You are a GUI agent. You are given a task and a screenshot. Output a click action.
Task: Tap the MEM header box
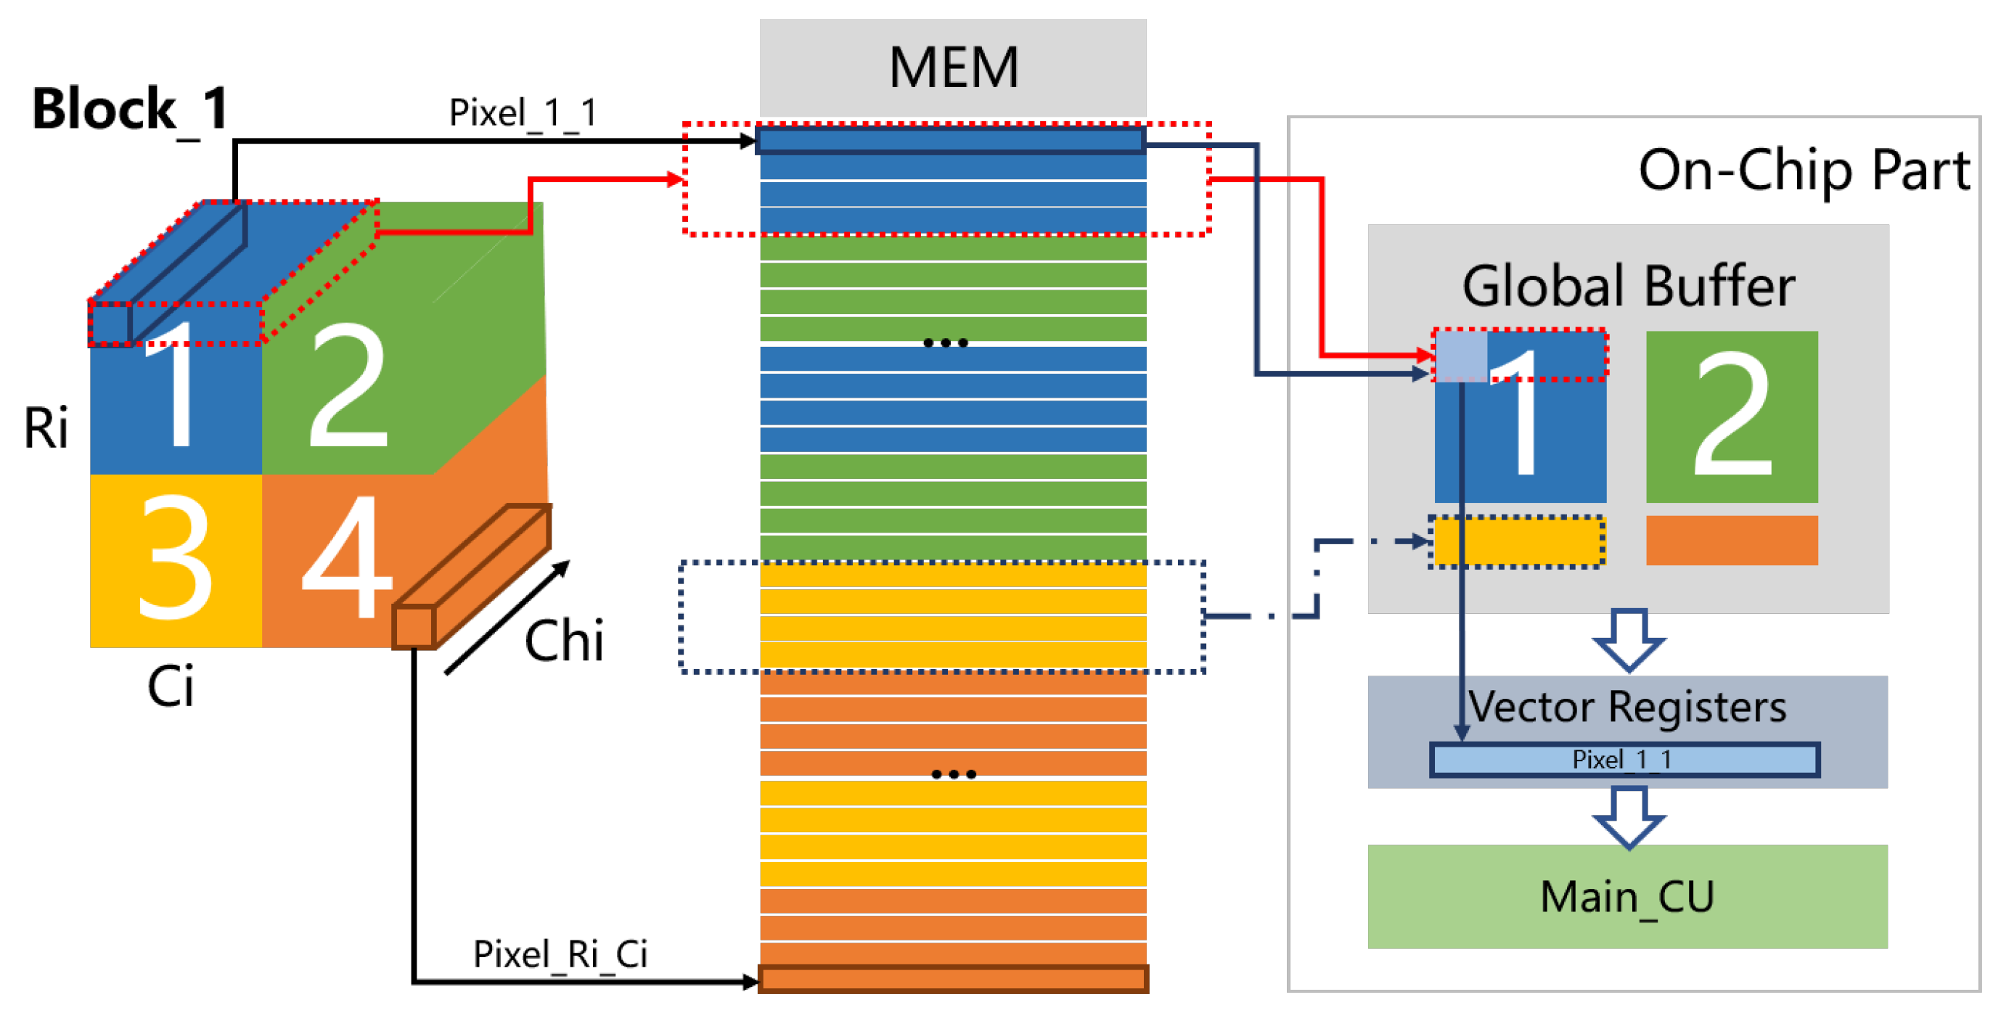click(x=952, y=68)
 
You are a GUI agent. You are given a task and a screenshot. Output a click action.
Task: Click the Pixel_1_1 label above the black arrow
click(x=523, y=113)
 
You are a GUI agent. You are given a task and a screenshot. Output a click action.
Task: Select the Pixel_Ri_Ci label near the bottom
click(x=560, y=954)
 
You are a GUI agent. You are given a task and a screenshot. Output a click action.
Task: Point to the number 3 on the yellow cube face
click(x=175, y=559)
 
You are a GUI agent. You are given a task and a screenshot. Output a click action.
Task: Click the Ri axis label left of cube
click(x=46, y=428)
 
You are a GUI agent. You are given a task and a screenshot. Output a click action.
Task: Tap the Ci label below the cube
click(x=170, y=686)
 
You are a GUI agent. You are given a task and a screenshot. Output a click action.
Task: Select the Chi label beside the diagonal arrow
click(x=564, y=641)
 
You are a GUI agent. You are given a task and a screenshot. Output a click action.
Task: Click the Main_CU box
click(x=1626, y=896)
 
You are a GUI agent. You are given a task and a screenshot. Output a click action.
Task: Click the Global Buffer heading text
click(x=1628, y=286)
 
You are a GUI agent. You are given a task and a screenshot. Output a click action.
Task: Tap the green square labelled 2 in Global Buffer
click(x=1732, y=417)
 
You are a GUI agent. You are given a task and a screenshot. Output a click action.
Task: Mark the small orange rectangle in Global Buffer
click(x=1732, y=540)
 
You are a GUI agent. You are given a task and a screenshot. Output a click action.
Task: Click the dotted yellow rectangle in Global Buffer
click(x=1517, y=541)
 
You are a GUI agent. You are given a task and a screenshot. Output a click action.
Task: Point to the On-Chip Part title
click(x=1803, y=170)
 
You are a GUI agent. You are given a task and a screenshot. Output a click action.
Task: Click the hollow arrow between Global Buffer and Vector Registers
click(x=1628, y=640)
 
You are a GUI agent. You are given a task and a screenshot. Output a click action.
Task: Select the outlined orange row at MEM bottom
click(x=952, y=979)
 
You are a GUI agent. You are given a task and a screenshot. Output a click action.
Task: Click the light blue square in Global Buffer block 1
click(x=1460, y=356)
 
